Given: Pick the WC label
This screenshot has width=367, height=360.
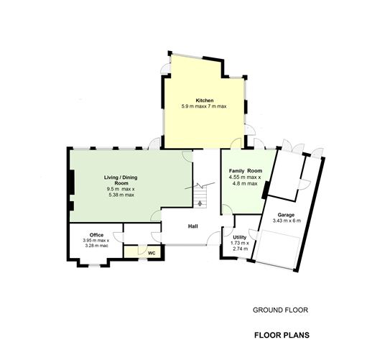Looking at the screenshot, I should pos(152,253).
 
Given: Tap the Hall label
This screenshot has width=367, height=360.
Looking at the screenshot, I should pos(193,226).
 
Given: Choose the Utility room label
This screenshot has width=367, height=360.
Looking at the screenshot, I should pos(240,237).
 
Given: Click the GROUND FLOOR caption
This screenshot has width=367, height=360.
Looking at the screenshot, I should pos(280,310).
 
